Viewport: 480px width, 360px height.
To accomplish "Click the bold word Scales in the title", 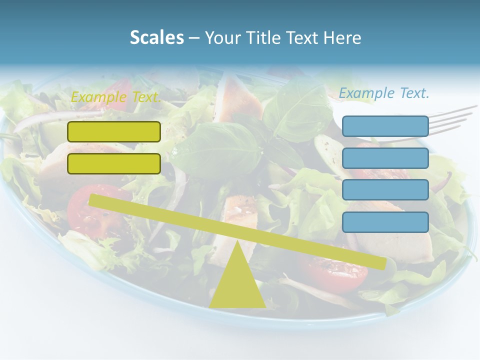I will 156,37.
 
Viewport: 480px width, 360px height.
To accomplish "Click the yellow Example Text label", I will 116,97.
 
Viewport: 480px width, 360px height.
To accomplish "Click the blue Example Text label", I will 384,93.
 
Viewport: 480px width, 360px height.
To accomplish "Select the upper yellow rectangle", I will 114,131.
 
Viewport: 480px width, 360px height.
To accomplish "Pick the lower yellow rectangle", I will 114,163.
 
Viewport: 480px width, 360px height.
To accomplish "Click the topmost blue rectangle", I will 385,126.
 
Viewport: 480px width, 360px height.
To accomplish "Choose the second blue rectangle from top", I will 385,158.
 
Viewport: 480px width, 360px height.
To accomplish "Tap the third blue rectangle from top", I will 385,189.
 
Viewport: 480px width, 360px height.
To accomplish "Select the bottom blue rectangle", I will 385,222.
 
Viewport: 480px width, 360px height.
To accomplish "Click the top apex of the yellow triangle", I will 237,242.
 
